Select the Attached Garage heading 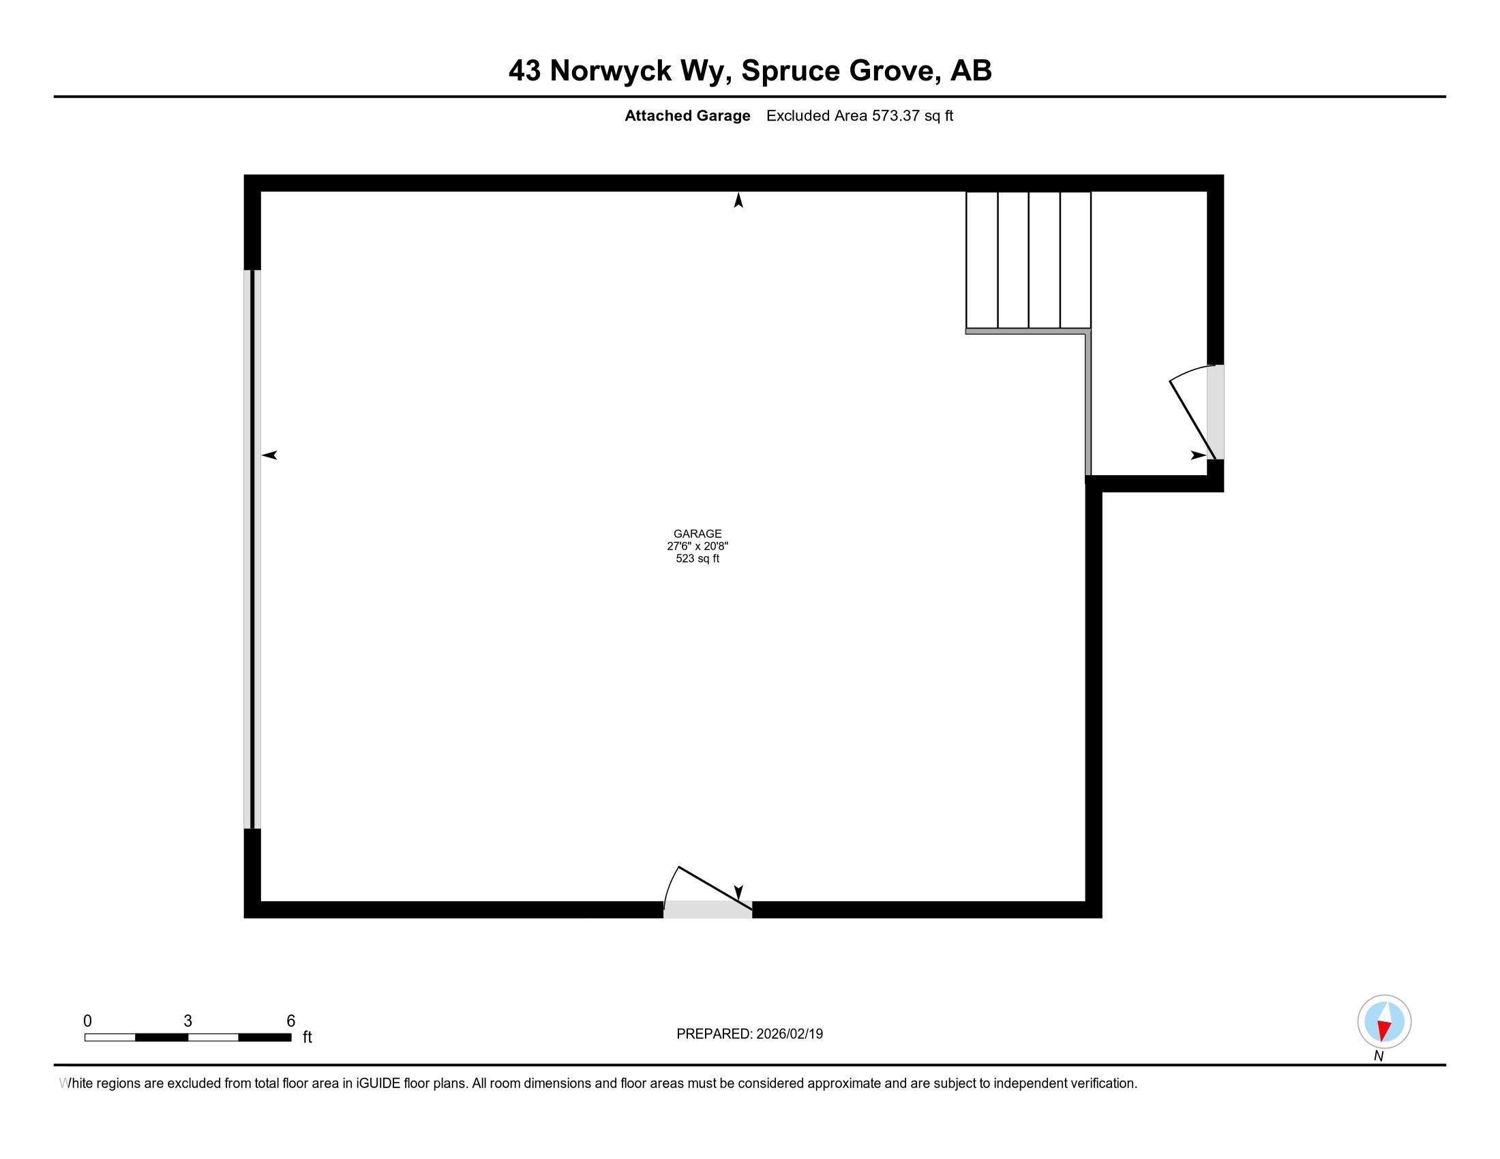[687, 116]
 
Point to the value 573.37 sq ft [912, 116]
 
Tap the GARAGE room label [697, 534]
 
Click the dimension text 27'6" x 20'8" [697, 546]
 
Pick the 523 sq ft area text [697, 558]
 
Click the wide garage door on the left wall [253, 550]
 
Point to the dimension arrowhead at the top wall [738, 200]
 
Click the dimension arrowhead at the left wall [269, 455]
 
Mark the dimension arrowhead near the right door [1199, 455]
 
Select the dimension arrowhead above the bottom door [738, 892]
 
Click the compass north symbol [1384, 1022]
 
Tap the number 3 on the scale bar [187, 1021]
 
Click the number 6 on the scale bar [290, 1021]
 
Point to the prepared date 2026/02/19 [789, 1034]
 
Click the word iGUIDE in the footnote [378, 1083]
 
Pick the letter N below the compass [1379, 1057]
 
